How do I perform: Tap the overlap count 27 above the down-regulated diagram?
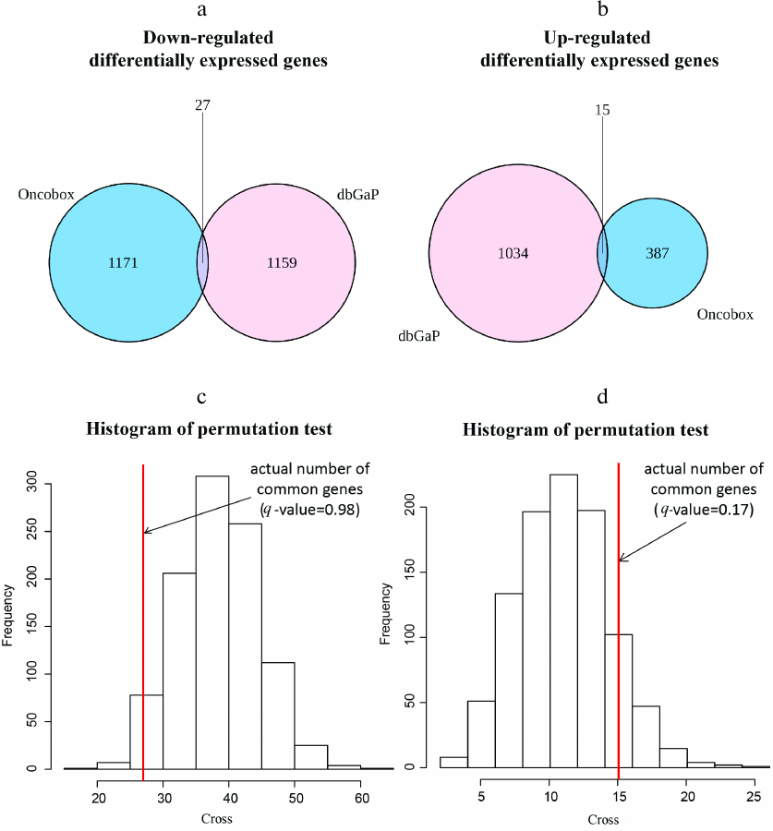[203, 105]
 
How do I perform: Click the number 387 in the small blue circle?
[653, 254]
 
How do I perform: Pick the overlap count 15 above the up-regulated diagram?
[601, 109]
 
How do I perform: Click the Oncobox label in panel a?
[45, 195]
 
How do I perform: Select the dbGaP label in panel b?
[418, 338]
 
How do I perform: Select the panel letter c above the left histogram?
[202, 398]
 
